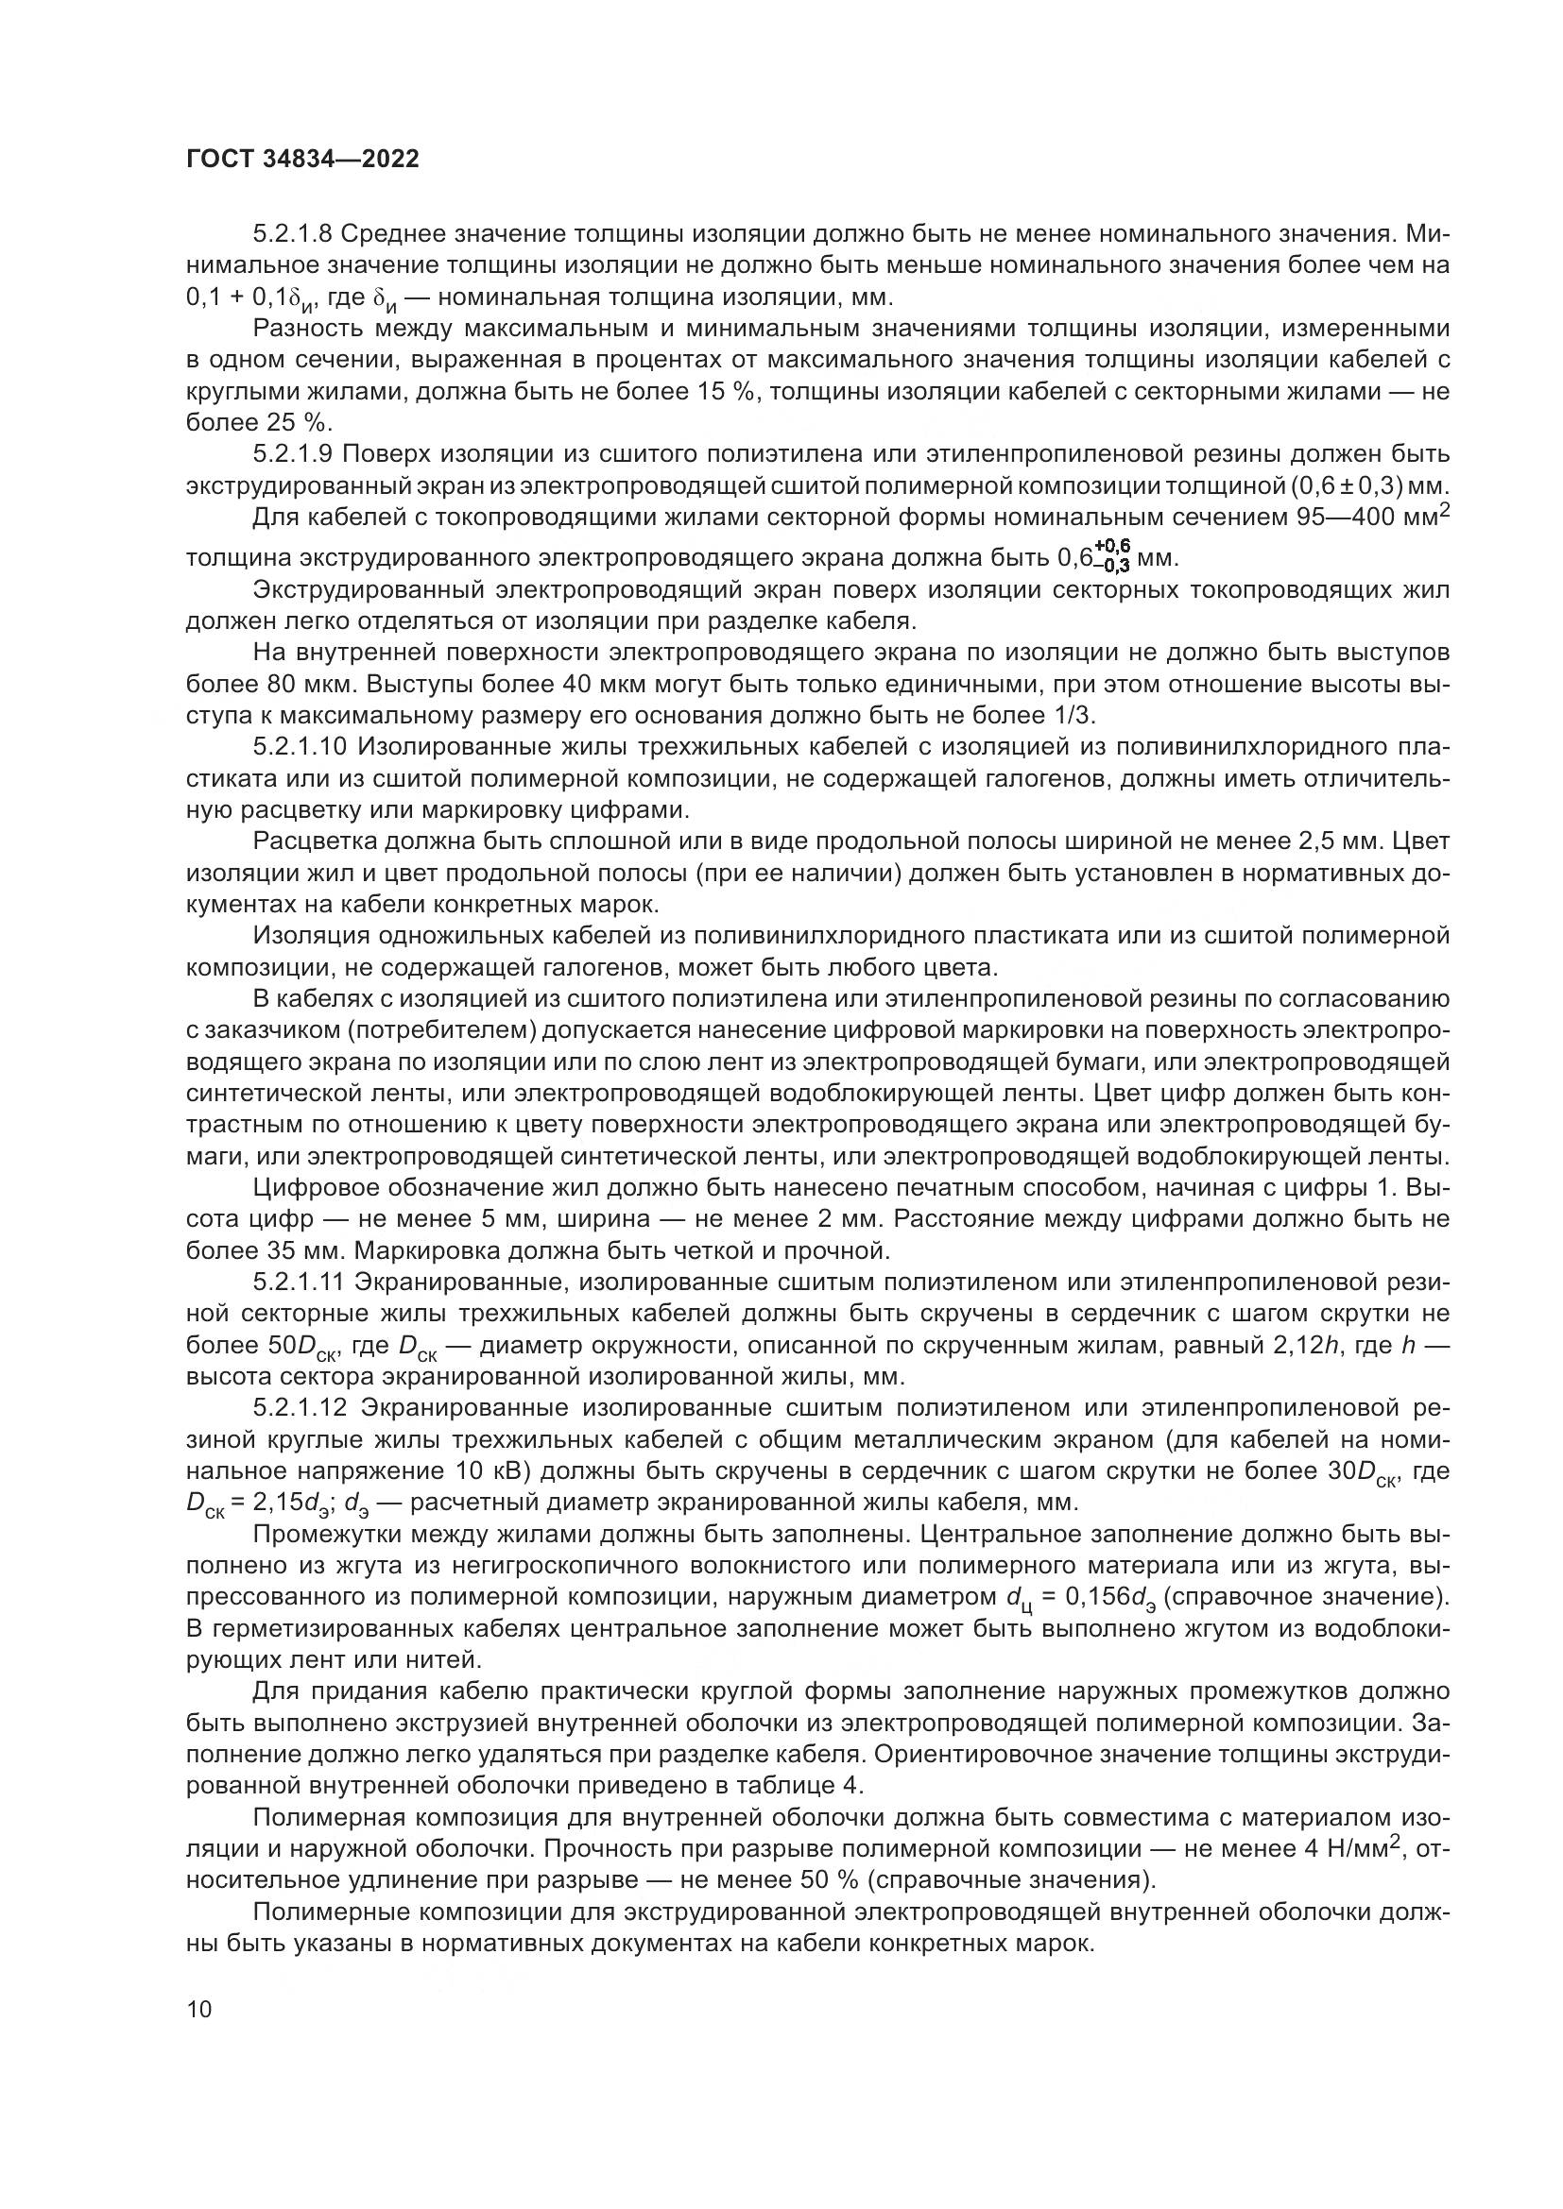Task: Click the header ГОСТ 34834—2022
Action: [x=302, y=160]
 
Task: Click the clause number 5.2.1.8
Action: [x=293, y=234]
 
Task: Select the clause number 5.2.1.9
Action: [x=293, y=454]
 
